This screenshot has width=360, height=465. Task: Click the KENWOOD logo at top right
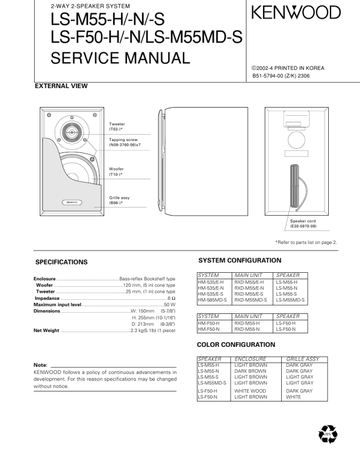point(296,12)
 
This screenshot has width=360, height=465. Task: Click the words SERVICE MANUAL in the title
point(121,58)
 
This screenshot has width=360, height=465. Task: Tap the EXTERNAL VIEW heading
point(62,86)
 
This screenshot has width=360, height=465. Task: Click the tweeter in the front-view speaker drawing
point(72,132)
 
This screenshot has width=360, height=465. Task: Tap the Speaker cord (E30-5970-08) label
point(303,223)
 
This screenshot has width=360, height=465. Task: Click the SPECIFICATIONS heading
point(61,262)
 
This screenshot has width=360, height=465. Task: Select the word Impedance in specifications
point(47,298)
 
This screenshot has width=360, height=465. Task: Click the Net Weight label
point(46,330)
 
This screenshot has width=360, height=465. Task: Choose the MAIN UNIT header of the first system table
point(249,275)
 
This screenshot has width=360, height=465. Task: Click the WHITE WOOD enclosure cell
point(250,390)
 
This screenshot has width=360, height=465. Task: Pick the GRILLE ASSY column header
point(302,358)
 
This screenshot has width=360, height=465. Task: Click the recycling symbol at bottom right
point(328,434)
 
